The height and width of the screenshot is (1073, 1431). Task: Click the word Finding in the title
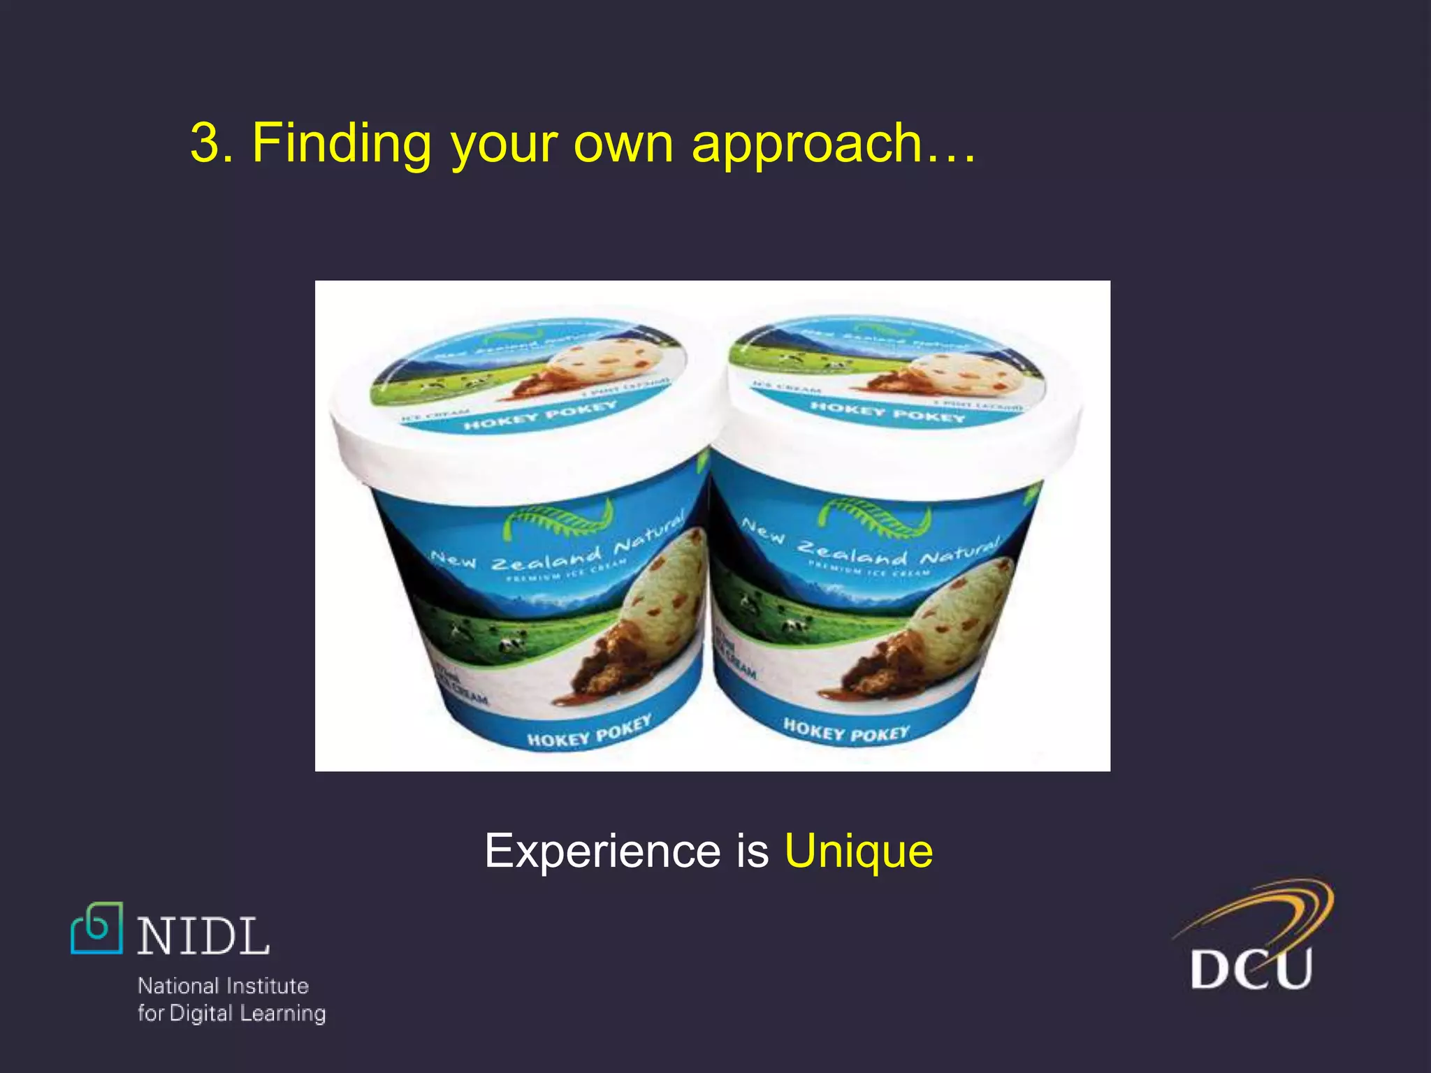click(x=341, y=143)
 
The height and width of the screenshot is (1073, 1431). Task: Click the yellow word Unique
click(x=859, y=851)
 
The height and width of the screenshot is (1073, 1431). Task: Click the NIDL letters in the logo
click(x=203, y=937)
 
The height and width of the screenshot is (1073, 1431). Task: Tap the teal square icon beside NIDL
click(x=97, y=928)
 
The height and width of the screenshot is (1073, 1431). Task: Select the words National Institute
click(x=223, y=986)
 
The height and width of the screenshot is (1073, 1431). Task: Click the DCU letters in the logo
click(x=1251, y=968)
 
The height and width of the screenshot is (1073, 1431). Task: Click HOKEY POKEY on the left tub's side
click(x=589, y=732)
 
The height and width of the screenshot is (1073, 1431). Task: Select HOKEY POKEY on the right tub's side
click(x=846, y=731)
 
